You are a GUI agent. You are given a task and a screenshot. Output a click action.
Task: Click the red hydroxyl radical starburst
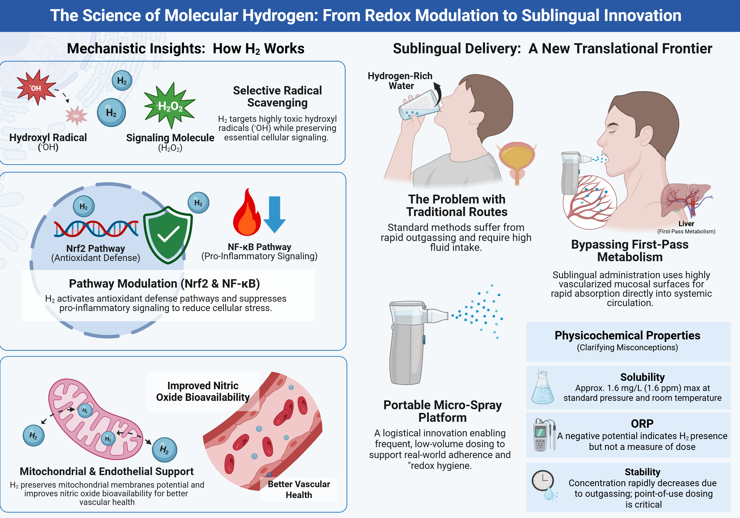tap(36, 87)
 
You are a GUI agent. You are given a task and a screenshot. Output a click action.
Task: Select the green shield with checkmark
tap(167, 235)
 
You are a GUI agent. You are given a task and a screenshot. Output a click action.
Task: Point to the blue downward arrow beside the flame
tap(274, 214)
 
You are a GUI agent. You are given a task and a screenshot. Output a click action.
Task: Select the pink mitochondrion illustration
tap(95, 419)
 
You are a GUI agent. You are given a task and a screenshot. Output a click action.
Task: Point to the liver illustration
tap(686, 200)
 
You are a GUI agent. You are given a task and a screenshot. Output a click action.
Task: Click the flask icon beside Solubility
tap(542, 388)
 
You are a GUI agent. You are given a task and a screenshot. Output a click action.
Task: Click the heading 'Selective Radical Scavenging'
tap(277, 96)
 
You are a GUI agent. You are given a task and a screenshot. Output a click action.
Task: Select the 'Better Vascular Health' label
tap(299, 489)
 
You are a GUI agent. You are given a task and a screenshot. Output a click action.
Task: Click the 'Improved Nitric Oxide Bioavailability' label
tap(203, 391)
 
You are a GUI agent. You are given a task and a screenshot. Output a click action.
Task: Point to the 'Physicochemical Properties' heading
tap(627, 335)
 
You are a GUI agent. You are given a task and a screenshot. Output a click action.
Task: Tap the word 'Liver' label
tap(686, 223)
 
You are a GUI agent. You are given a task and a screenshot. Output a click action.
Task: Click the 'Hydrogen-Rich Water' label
tap(400, 81)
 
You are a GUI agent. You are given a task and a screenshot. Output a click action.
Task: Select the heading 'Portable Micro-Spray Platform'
tap(442, 411)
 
